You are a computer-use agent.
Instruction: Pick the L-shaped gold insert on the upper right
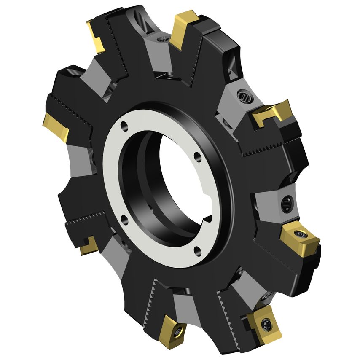[270, 114]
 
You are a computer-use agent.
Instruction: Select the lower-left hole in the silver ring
[124, 218]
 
